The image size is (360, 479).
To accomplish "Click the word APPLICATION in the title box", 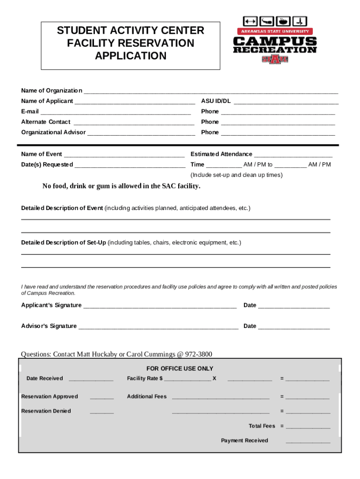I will click(130, 56).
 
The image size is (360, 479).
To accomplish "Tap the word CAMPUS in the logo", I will click(275, 41).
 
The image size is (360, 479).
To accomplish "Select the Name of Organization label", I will click(51, 91).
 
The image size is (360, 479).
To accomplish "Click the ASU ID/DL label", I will click(216, 101).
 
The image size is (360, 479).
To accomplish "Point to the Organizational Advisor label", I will click(53, 132).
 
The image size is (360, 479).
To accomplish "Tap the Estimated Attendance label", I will click(221, 154).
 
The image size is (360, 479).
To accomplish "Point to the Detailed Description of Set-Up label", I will click(64, 243).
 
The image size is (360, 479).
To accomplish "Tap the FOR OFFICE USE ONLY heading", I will click(180, 369).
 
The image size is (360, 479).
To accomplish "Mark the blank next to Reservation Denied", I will click(101, 413).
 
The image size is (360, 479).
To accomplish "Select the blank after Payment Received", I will click(308, 442).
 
